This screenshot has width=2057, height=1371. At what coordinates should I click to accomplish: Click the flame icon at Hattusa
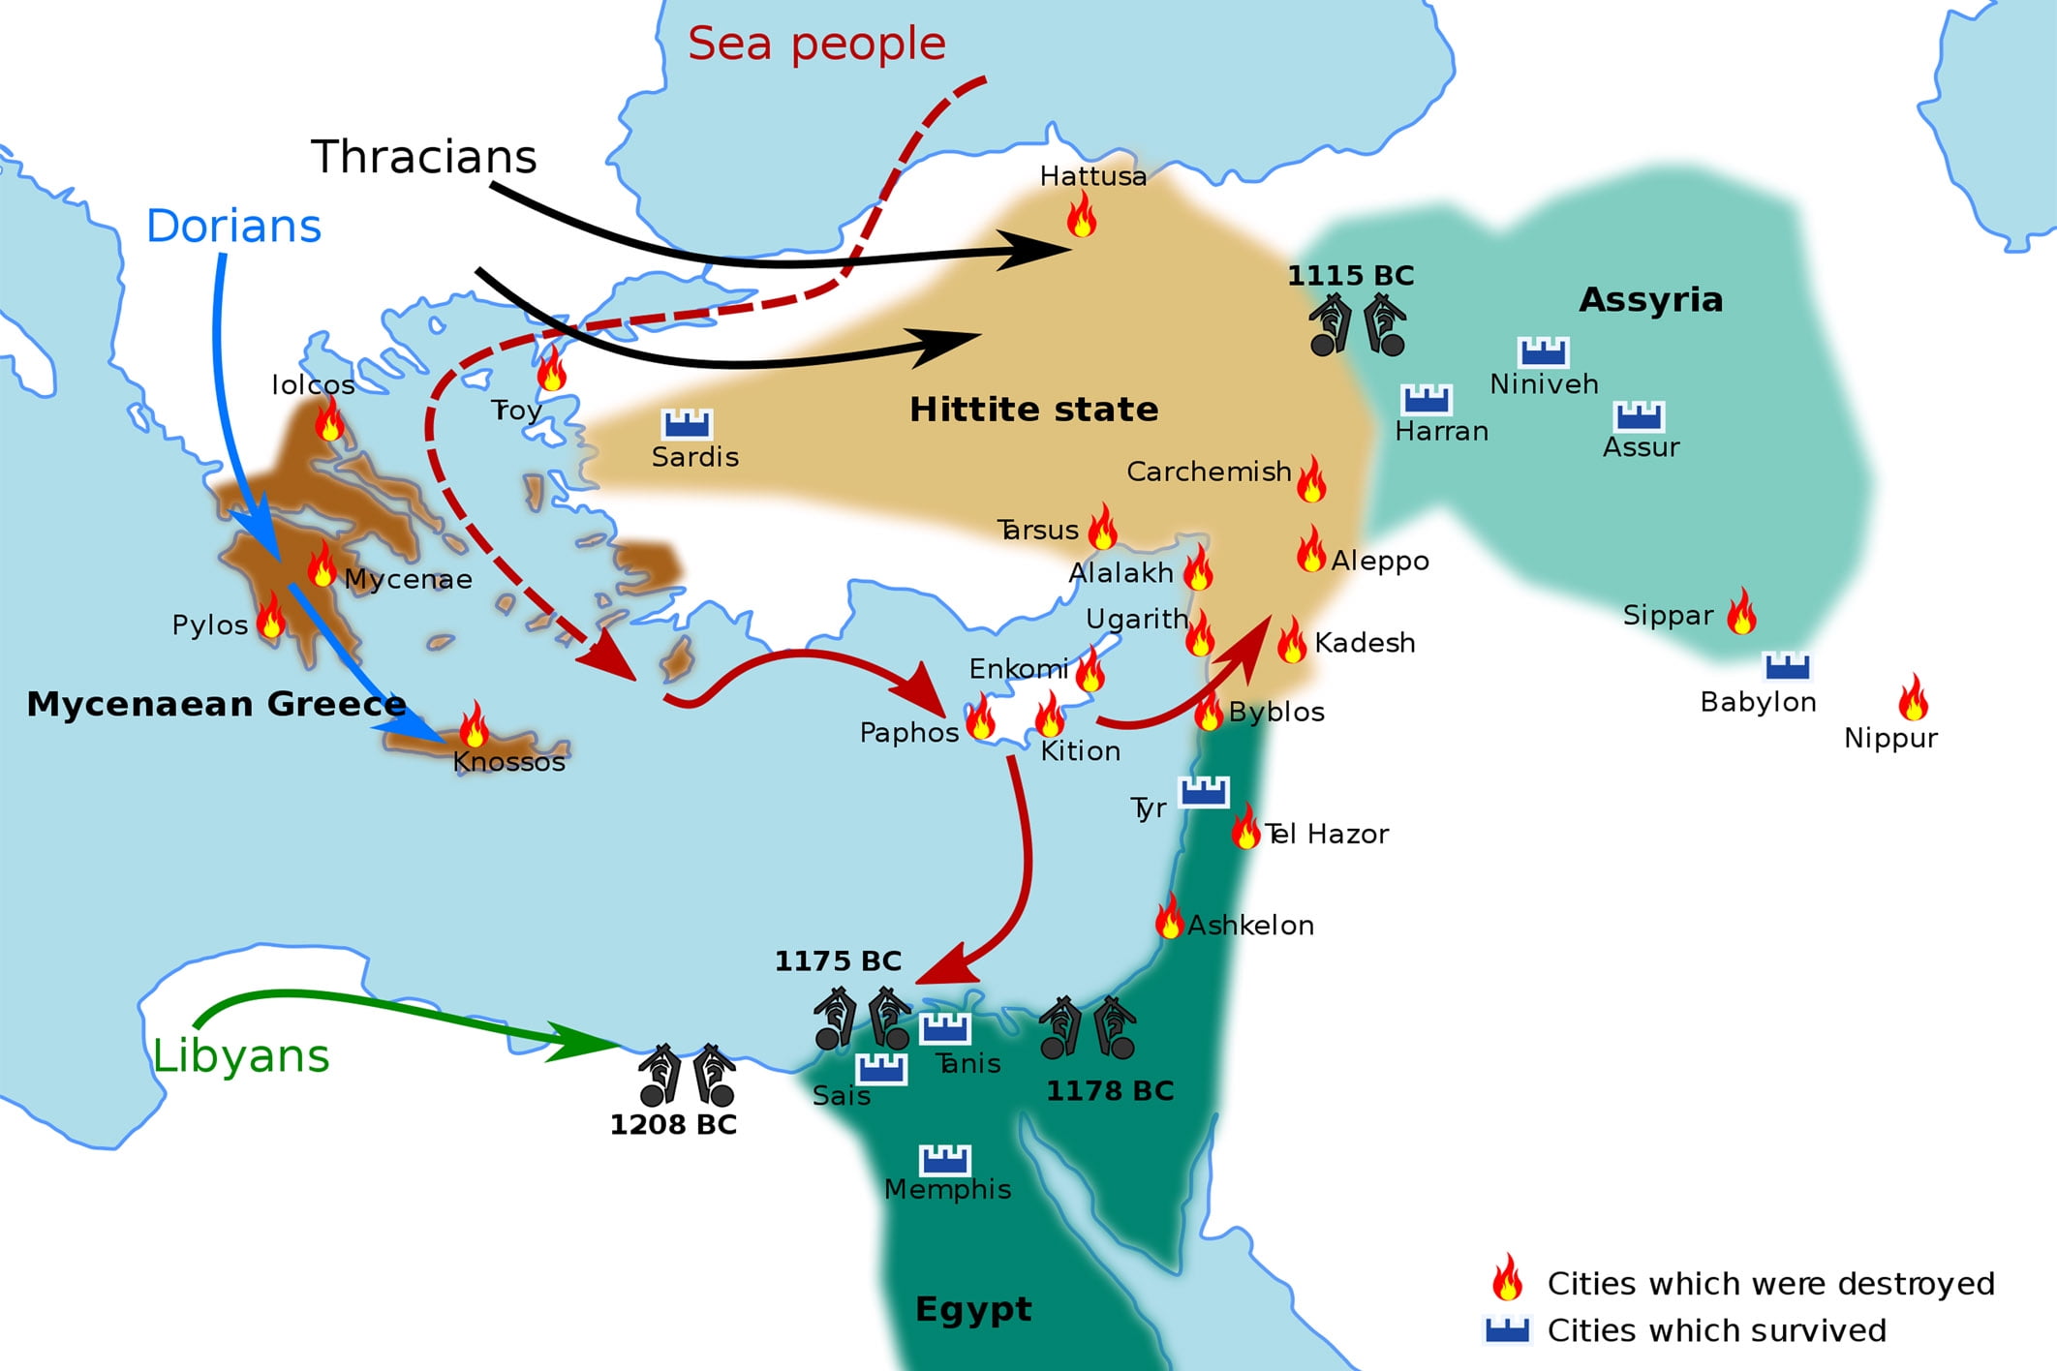[1082, 215]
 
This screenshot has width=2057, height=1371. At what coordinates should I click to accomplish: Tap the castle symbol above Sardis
[687, 424]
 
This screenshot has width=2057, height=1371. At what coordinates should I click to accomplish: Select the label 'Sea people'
[816, 44]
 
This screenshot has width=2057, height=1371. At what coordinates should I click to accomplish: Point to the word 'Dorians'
[233, 227]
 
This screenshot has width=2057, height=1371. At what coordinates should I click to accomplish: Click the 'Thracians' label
[423, 157]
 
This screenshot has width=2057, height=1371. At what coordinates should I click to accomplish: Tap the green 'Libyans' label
[241, 1055]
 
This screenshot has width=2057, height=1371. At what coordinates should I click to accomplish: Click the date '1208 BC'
[673, 1125]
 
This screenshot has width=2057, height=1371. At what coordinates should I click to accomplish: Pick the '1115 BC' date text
[1350, 276]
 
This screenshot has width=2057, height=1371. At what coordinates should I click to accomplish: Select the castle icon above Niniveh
[1543, 351]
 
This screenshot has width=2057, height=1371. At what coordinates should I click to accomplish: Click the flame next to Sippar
[1742, 612]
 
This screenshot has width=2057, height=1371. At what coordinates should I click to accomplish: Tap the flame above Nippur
[1913, 698]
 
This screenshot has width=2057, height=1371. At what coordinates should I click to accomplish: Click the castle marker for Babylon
[1787, 666]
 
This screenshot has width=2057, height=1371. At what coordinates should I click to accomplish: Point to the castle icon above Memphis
[944, 1159]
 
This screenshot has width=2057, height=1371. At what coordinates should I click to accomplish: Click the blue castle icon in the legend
[1507, 1330]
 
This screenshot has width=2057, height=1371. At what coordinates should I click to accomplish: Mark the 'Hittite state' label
[1033, 410]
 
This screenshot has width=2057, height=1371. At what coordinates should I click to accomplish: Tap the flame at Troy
[552, 369]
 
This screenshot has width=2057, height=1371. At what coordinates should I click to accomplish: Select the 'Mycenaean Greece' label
[216, 704]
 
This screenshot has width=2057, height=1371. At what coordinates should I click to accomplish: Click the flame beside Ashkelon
[1170, 917]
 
